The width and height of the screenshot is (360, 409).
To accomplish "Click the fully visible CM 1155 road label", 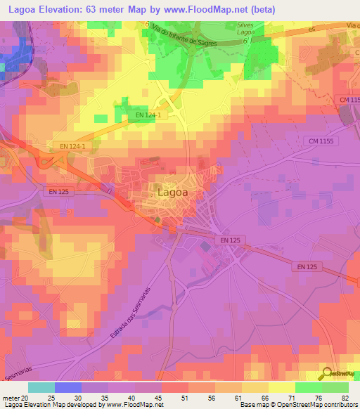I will [x=323, y=141].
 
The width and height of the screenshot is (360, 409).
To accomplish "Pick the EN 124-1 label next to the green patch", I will [x=148, y=115].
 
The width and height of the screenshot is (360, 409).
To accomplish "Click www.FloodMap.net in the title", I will [x=203, y=9].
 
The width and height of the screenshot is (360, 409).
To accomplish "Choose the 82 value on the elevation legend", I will [x=346, y=396].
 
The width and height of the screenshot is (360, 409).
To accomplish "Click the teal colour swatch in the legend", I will [x=41, y=387].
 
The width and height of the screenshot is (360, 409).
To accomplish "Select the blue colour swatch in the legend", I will [x=67, y=387].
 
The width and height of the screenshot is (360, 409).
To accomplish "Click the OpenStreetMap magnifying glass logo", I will [x=326, y=374].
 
